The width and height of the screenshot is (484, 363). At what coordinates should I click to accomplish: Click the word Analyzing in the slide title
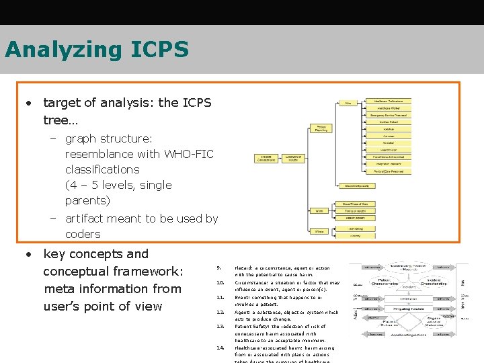tap(63, 50)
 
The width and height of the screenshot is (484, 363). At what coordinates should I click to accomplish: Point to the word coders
tap(83, 234)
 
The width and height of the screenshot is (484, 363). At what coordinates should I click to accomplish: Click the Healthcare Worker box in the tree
tap(393, 108)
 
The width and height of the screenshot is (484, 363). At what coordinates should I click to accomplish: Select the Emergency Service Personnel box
tap(393, 115)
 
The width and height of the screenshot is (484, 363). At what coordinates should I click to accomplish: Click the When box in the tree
tap(320, 211)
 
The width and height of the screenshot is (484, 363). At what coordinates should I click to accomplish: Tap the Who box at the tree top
tap(348, 103)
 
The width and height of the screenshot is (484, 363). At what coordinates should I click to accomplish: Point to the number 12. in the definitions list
tap(220, 313)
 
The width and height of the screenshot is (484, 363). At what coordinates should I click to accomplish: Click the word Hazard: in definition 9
tap(244, 268)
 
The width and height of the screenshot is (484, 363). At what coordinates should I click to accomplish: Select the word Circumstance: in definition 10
tap(250, 283)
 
